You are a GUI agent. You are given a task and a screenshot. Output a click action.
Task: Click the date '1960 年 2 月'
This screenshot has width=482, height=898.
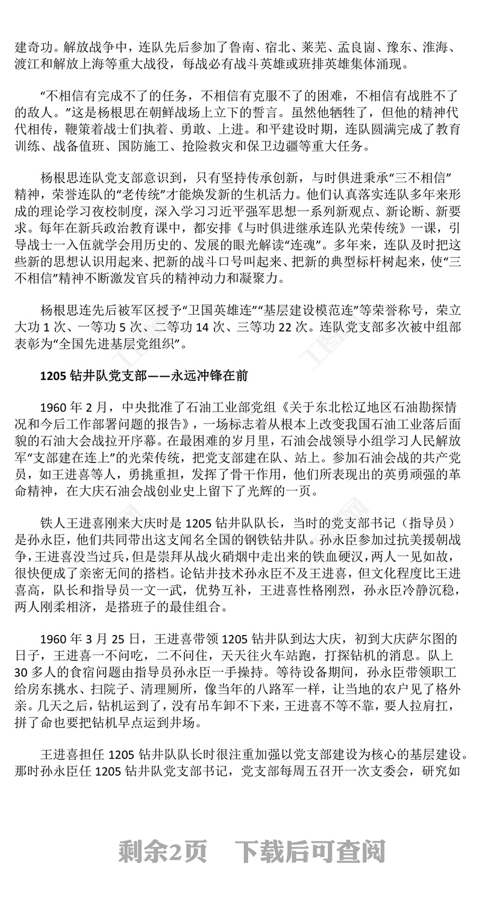pos(76,405)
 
